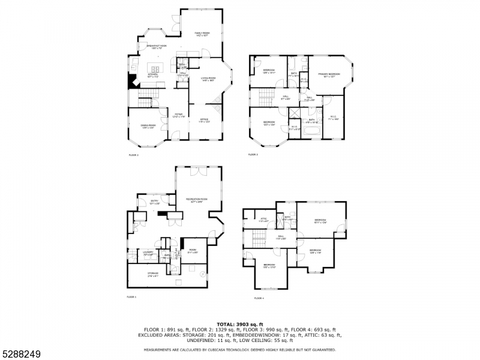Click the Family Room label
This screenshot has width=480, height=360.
202,34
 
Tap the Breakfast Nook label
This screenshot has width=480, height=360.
157,46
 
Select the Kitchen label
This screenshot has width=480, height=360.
154,75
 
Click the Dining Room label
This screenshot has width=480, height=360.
148,125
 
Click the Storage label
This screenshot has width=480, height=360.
153,274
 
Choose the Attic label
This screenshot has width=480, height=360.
263,219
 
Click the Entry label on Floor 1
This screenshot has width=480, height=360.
154,202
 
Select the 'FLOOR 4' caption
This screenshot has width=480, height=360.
259,298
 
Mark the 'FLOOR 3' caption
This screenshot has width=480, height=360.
253,155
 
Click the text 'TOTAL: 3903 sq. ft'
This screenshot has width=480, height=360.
240,325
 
